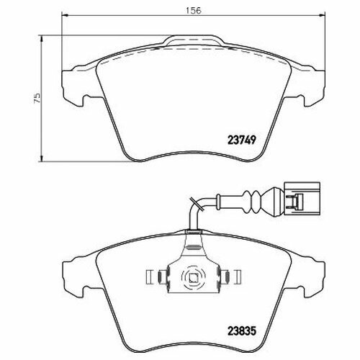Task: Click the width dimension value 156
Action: point(194,10)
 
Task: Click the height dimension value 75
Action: point(37,98)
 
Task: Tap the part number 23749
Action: point(241,140)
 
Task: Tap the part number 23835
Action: point(242,331)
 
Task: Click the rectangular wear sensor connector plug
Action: point(302,198)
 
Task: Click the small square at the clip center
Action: point(194,278)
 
